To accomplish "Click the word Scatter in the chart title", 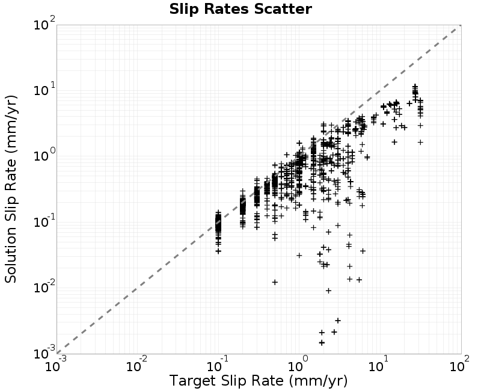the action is (x=283, y=9).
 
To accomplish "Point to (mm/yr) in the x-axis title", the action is (x=318, y=381).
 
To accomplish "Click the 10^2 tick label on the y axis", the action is (x=44, y=23).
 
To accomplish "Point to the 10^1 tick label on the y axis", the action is (x=44, y=90).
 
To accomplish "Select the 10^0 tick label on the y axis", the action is (x=44, y=155).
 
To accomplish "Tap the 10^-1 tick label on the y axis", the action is (x=44, y=221).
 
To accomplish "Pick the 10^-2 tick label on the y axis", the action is (x=44, y=288).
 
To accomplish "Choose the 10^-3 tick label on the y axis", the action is (x=44, y=353).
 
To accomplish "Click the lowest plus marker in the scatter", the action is (x=322, y=342).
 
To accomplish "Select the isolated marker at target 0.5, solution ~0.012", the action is (x=275, y=282).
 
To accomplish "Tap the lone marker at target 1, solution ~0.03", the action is (x=299, y=255).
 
